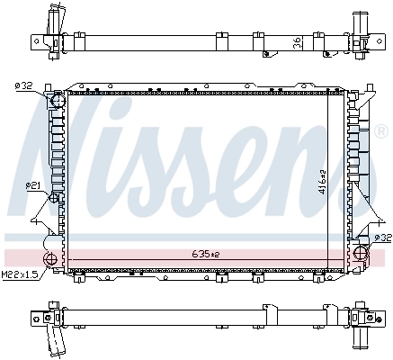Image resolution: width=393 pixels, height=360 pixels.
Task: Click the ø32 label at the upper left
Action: click(x=22, y=86)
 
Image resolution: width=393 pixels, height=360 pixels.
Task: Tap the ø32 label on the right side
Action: click(x=381, y=238)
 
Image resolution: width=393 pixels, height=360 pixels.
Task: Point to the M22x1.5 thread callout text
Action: click(x=18, y=274)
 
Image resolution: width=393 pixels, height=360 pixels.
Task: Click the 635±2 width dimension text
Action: click(x=204, y=255)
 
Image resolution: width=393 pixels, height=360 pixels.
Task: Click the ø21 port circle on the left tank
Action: click(x=55, y=197)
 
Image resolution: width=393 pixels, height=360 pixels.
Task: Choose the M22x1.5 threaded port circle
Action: click(x=50, y=260)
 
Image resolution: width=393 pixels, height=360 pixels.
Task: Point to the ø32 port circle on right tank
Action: click(x=362, y=251)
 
